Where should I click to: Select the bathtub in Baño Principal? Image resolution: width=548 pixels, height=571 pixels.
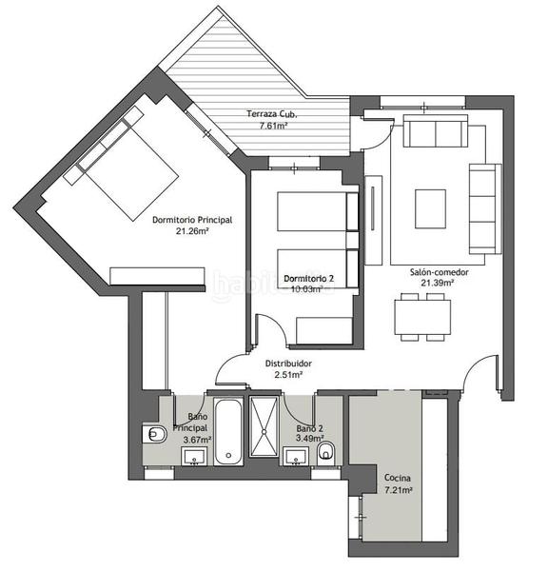[229, 432]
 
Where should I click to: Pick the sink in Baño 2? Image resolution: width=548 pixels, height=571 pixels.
[298, 459]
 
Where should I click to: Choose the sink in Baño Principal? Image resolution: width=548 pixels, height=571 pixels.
[197, 459]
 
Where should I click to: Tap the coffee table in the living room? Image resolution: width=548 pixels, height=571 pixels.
[430, 208]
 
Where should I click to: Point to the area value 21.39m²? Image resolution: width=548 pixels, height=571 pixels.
[432, 283]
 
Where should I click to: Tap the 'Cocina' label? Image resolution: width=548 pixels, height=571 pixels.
[397, 478]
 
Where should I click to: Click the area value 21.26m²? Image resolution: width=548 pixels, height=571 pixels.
[191, 231]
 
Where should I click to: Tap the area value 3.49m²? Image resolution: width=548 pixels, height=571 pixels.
[307, 438]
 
